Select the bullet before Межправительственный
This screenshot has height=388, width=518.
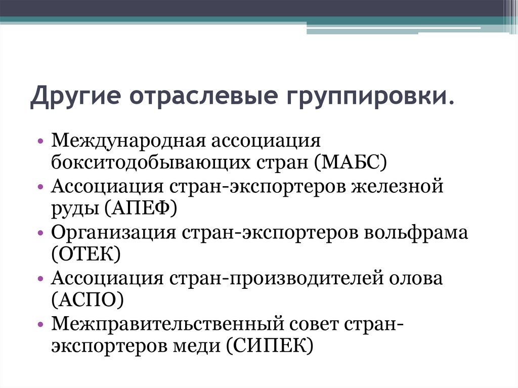coord(40,324)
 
